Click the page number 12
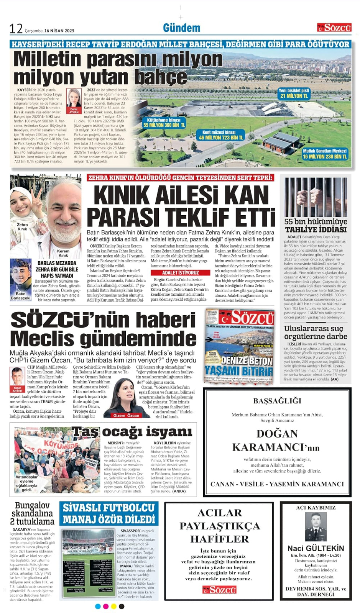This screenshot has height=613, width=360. (x=16, y=29)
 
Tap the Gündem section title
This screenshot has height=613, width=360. (x=181, y=28)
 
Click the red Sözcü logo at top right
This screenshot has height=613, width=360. (x=334, y=28)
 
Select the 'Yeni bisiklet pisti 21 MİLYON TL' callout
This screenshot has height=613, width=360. (x=294, y=93)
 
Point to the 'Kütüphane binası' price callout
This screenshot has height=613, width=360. (x=164, y=123)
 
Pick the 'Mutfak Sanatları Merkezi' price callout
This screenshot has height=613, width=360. (x=324, y=154)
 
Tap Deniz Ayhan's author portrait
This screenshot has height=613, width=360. (x=74, y=98)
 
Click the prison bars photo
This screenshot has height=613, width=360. (x=316, y=197)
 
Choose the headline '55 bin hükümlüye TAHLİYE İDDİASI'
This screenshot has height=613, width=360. (x=316, y=225)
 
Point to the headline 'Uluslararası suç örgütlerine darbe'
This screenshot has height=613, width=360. (x=316, y=332)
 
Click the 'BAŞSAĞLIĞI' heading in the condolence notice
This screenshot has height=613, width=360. (x=277, y=401)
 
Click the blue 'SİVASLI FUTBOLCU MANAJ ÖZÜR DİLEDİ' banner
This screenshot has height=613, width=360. (x=109, y=513)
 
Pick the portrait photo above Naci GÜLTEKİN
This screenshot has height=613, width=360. (x=316, y=526)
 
